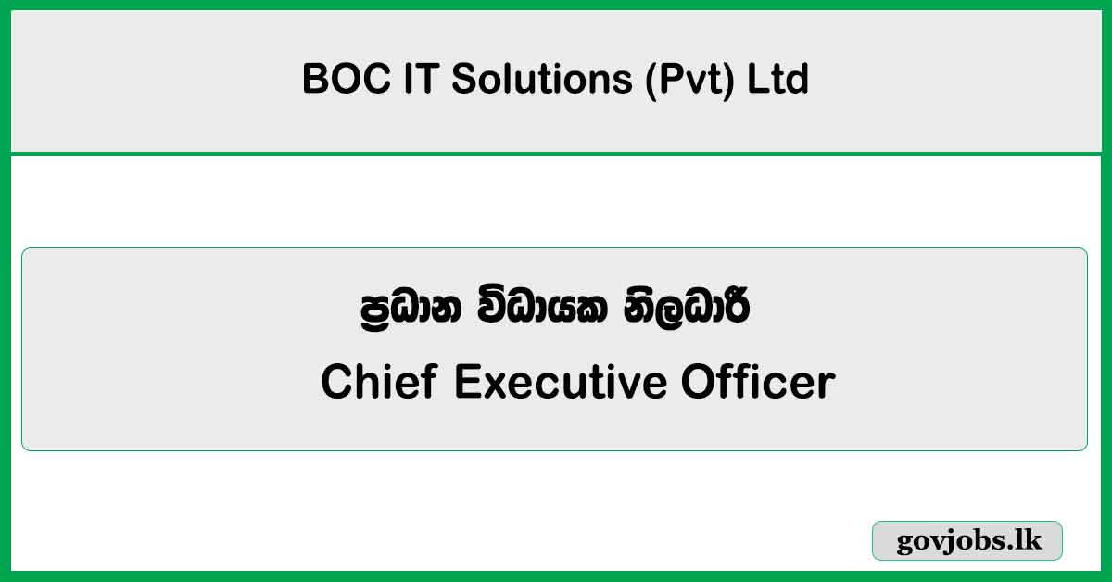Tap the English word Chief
(x=379, y=382)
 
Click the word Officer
(x=759, y=382)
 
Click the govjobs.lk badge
(x=967, y=541)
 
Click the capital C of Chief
(x=336, y=382)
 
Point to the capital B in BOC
(x=314, y=80)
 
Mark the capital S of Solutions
(x=464, y=80)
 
